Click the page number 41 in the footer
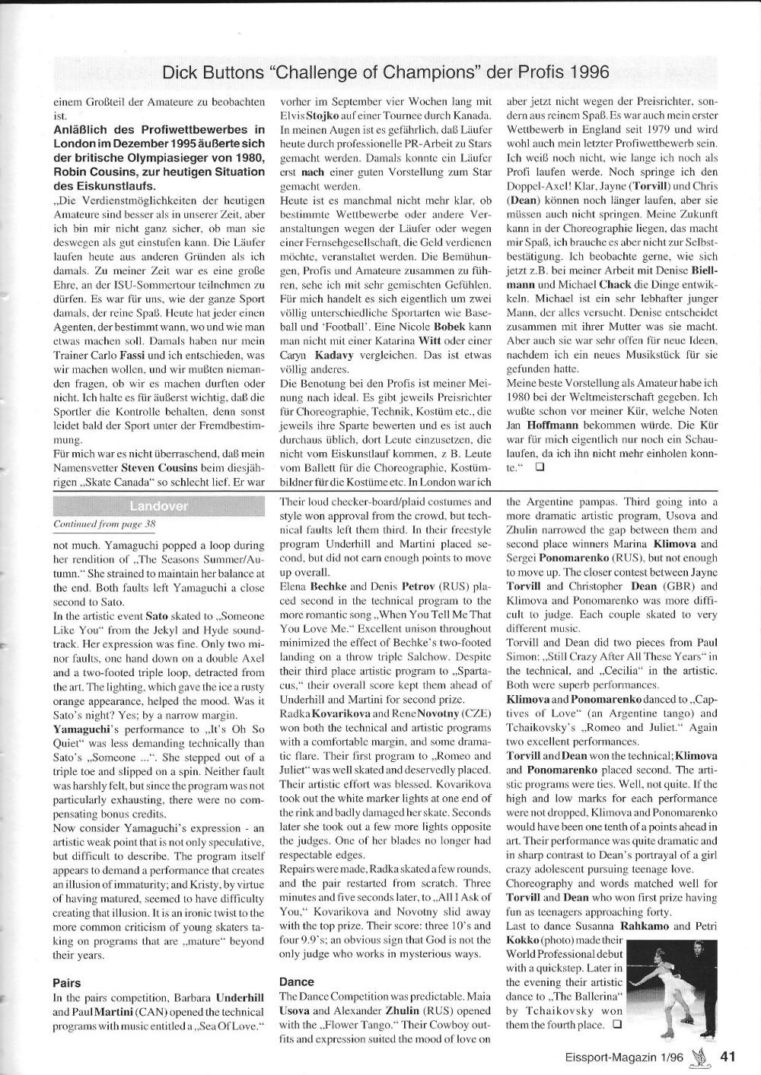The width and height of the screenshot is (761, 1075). tap(728, 1055)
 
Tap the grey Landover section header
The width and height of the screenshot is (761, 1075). tap(158, 506)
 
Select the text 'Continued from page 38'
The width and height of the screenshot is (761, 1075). tap(104, 525)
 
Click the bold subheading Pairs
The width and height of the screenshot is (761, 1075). tap(67, 983)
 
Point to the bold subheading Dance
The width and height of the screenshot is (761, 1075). tap(297, 982)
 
